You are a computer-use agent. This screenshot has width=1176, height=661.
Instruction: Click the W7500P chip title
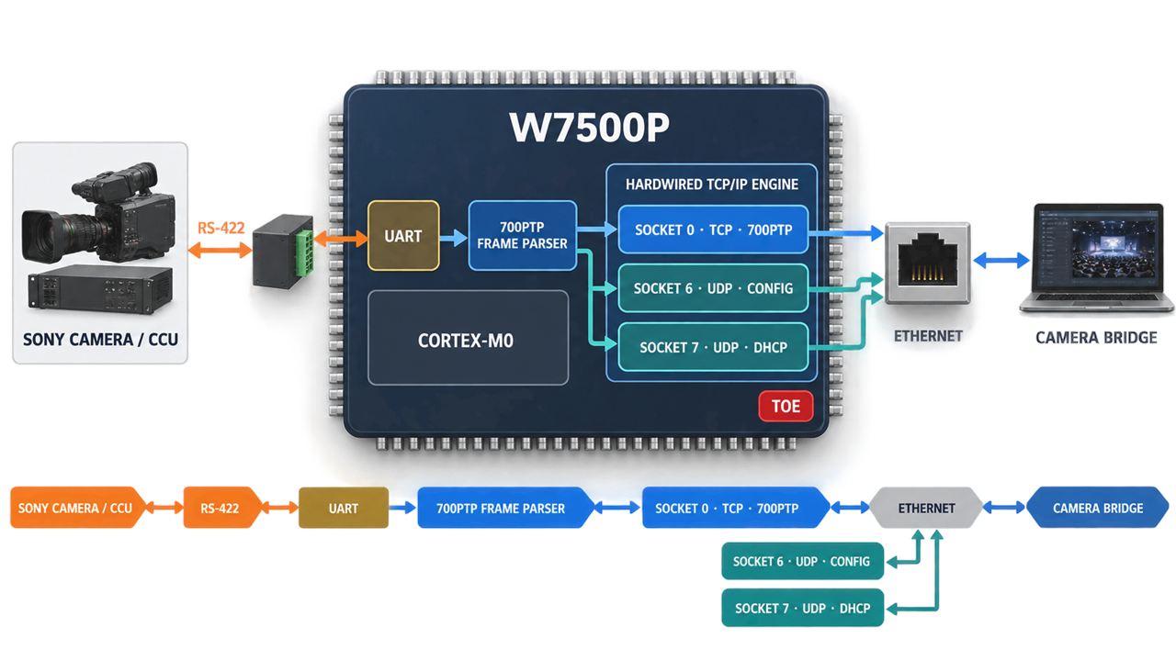[x=589, y=127]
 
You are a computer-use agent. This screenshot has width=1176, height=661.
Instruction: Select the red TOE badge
[x=786, y=406]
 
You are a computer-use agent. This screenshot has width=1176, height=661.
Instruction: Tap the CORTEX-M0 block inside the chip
[x=468, y=338]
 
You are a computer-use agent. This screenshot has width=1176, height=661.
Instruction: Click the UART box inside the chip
[x=403, y=236]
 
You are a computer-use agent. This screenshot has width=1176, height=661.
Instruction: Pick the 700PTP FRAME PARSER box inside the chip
[x=523, y=236]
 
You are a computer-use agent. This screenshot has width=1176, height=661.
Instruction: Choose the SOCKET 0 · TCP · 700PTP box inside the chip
[x=713, y=230]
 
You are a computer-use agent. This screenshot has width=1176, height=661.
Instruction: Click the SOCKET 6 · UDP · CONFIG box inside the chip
[x=713, y=288]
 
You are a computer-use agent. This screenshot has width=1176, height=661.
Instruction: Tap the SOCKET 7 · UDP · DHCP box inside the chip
[x=713, y=347]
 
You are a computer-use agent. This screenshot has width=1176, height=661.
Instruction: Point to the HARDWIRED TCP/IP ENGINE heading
[x=712, y=185]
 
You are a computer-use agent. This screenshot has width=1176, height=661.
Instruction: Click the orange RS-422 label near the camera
[x=221, y=228]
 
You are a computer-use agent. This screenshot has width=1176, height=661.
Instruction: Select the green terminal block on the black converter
[x=304, y=252]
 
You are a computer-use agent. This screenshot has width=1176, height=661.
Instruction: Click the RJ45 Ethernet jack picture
[x=928, y=263]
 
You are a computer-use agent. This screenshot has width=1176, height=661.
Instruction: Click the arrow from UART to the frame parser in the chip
[x=453, y=238]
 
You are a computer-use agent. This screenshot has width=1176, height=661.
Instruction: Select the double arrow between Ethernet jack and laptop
[x=1001, y=260]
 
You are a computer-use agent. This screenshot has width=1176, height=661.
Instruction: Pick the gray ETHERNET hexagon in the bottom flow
[x=927, y=508]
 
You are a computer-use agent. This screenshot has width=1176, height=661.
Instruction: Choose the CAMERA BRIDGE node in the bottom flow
[x=1098, y=508]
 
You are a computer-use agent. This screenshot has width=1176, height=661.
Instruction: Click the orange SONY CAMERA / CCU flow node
[x=76, y=508]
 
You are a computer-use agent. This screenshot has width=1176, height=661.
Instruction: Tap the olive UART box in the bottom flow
[x=344, y=508]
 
